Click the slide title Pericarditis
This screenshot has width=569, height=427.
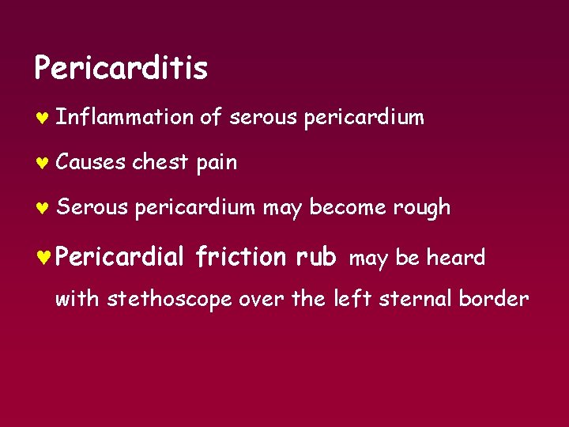click(x=121, y=69)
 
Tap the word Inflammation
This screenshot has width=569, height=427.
click(x=125, y=118)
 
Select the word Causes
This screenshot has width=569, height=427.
click(x=91, y=163)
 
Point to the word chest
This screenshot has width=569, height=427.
click(x=160, y=163)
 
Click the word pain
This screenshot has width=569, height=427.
click(x=216, y=164)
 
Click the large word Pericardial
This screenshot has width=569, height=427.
click(x=120, y=256)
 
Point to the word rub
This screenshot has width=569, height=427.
click(x=316, y=257)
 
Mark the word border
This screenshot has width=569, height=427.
click(x=497, y=299)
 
